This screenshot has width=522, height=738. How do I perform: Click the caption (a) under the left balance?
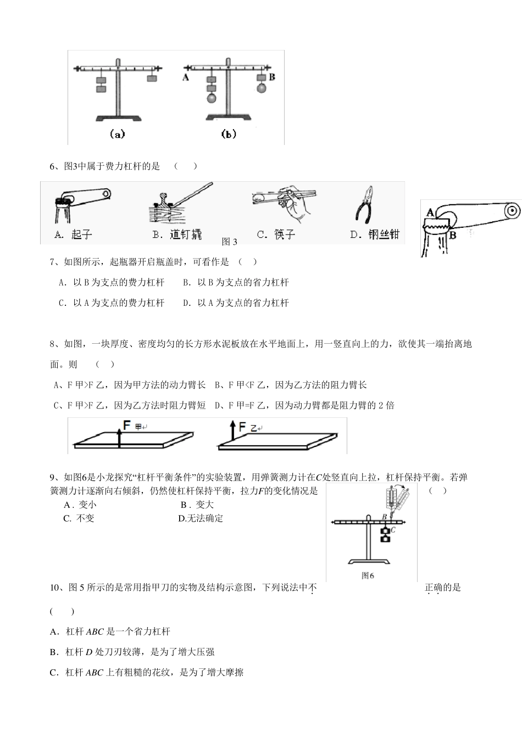(117, 133)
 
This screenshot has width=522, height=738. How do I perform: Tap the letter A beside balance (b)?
(186, 77)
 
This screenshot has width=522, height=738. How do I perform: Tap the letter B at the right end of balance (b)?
(271, 77)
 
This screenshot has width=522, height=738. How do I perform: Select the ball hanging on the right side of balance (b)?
(261, 88)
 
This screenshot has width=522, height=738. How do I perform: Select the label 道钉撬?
(186, 234)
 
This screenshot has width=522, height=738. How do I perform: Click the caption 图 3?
(230, 242)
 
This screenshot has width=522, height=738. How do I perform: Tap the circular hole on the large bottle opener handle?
(512, 210)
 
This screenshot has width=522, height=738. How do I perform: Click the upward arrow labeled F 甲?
(119, 437)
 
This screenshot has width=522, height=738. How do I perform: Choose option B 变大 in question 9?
(197, 505)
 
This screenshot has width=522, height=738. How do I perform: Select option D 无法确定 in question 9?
(201, 518)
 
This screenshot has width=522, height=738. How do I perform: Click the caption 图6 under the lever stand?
(368, 575)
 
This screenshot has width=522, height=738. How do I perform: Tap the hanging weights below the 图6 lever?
(386, 535)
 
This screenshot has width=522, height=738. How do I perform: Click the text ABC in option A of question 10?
(95, 632)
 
